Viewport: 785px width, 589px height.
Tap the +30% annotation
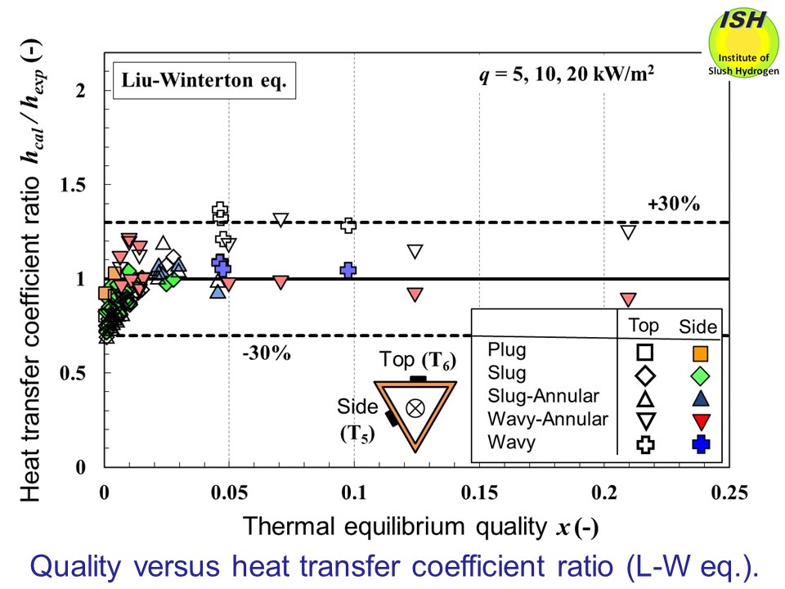pos(674,205)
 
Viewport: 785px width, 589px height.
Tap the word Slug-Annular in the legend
pos(543,398)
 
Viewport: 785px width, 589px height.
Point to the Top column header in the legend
pos(644,326)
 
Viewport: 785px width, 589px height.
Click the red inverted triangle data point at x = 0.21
pos(628,299)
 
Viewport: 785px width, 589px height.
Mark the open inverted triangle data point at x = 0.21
pos(628,232)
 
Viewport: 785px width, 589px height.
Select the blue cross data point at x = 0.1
pos(348,269)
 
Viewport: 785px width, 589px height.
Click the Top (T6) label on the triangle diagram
pos(417,360)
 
